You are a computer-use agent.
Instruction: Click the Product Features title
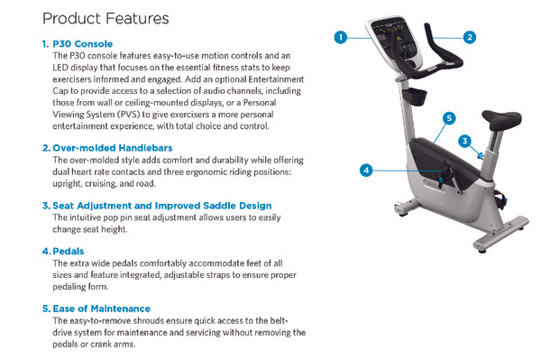click(x=105, y=19)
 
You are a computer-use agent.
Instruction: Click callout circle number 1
click(x=341, y=37)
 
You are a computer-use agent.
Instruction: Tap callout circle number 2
click(x=470, y=37)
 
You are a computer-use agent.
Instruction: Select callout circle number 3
click(x=465, y=141)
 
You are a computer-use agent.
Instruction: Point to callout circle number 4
click(x=366, y=171)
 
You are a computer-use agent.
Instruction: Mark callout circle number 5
click(x=449, y=118)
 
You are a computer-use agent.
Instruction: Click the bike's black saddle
click(x=501, y=119)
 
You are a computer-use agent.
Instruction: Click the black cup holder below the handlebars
click(x=414, y=96)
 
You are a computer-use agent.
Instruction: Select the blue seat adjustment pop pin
click(x=480, y=156)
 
